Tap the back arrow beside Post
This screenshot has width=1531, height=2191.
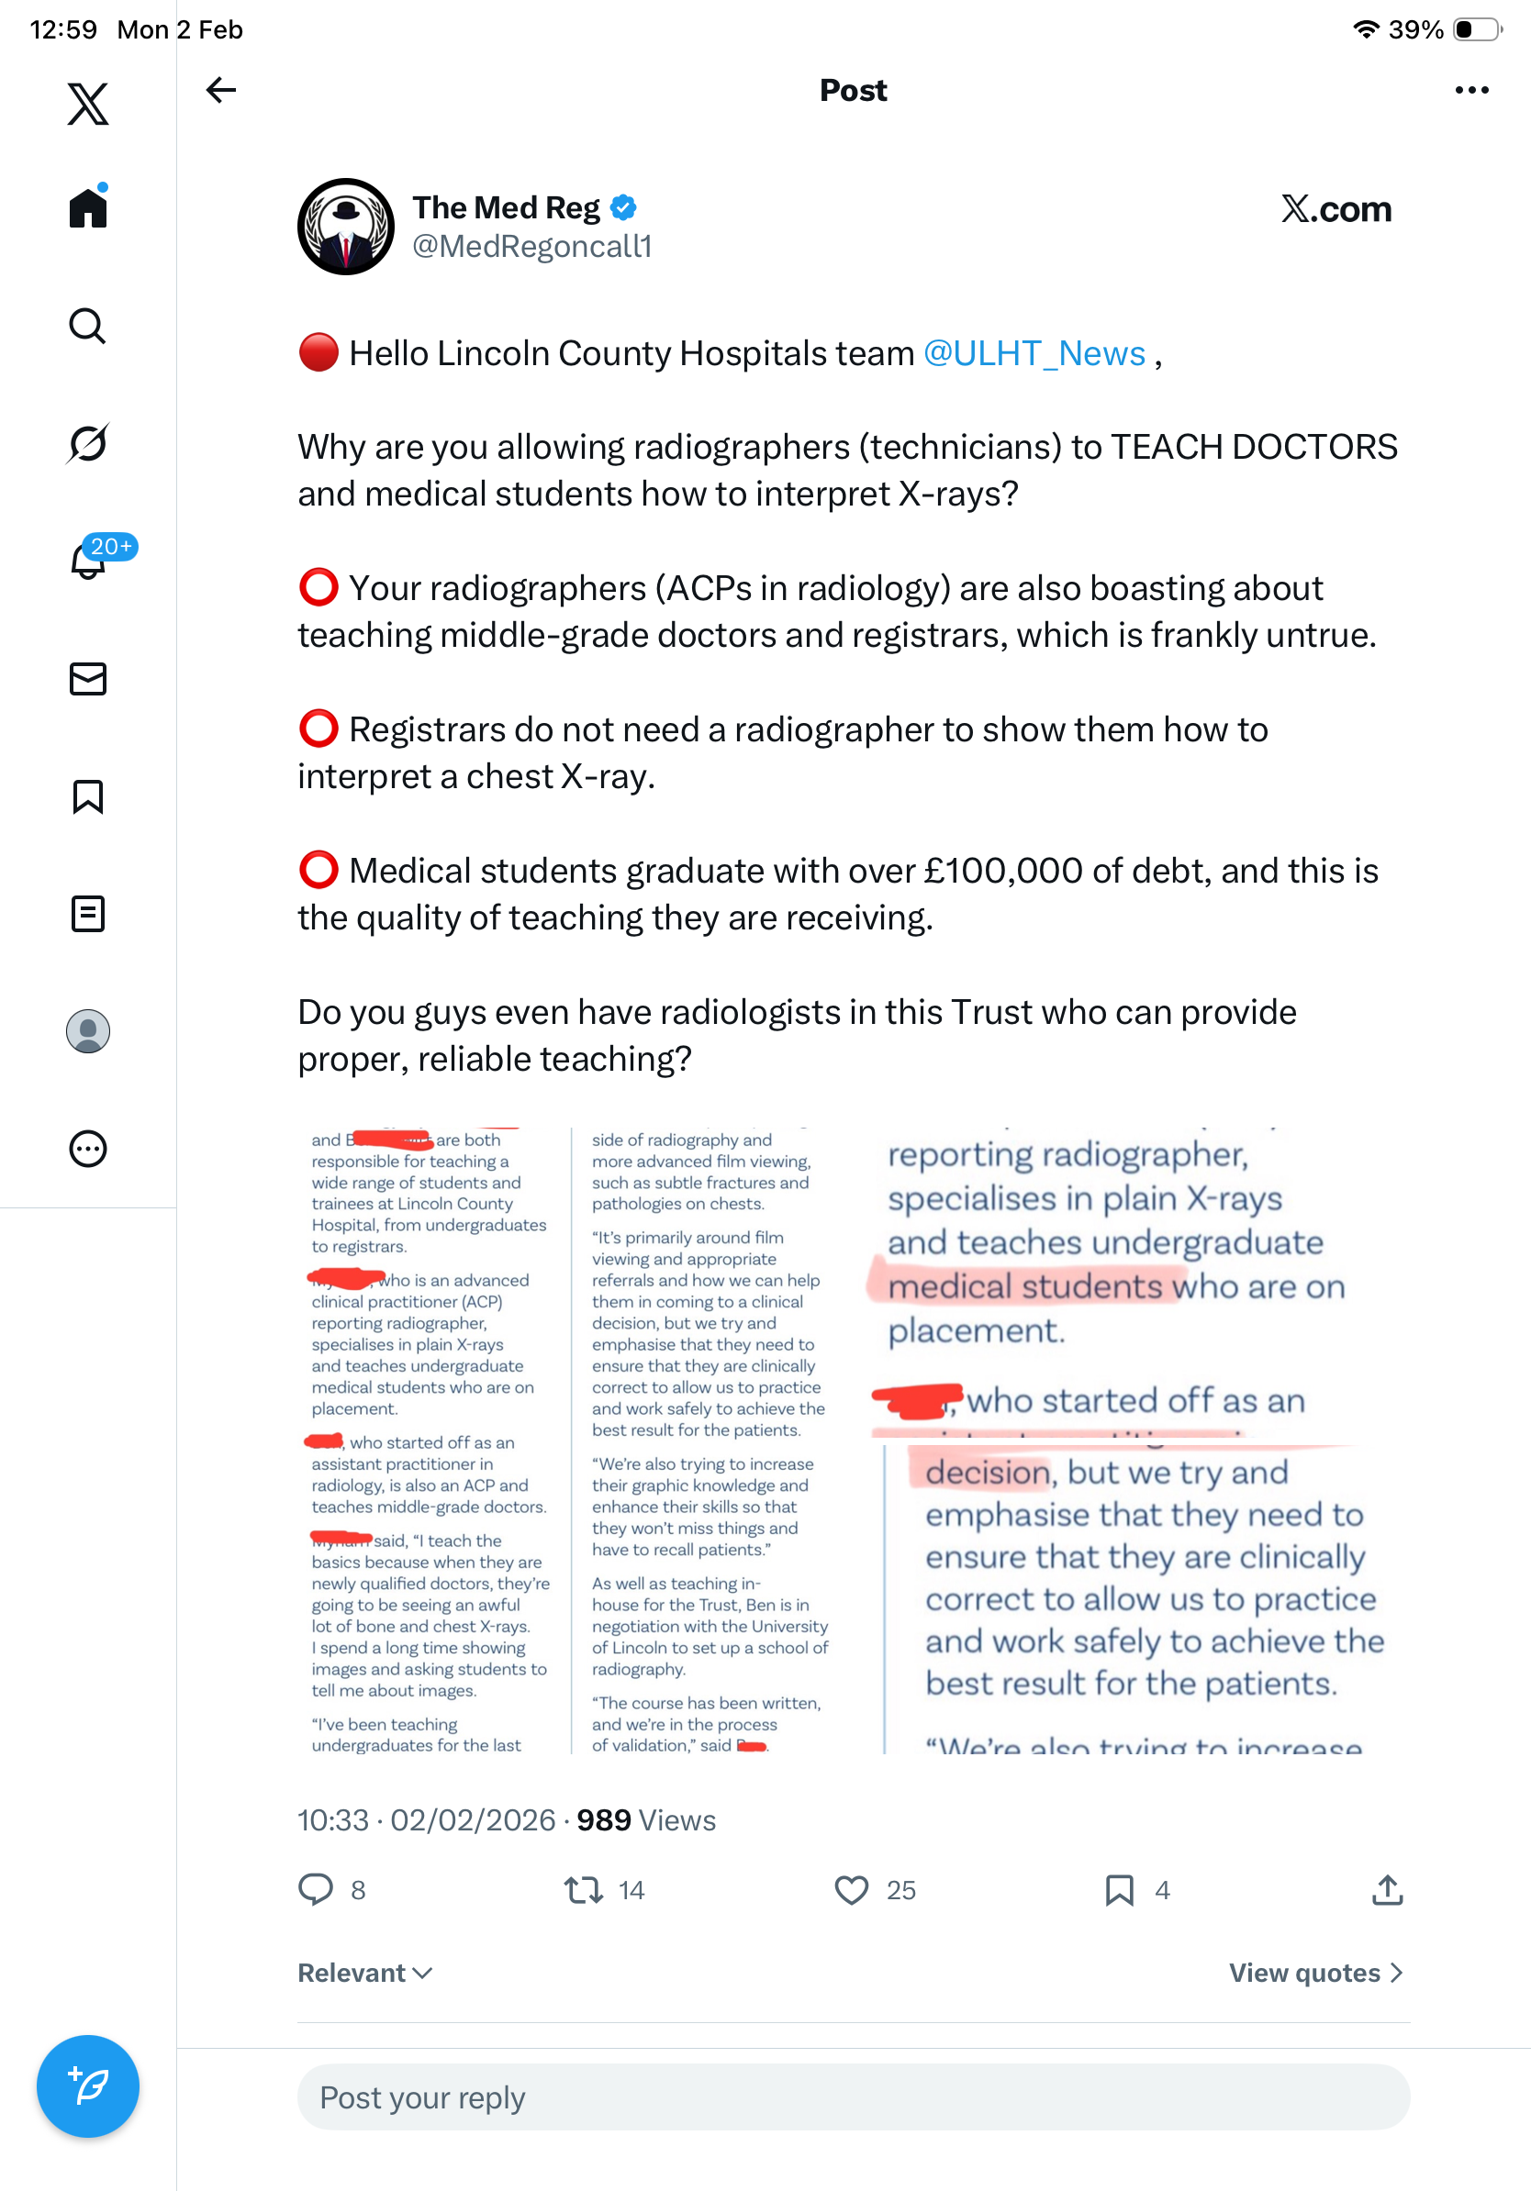point(220,91)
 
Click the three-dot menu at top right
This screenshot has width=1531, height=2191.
point(1470,91)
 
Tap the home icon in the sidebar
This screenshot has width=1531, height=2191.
point(88,207)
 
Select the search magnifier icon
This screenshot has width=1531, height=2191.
point(88,327)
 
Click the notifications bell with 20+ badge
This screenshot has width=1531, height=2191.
point(89,562)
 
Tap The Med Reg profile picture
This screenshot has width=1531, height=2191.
point(345,228)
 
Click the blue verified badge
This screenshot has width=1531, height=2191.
point(623,207)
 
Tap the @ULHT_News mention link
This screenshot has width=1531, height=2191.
point(1034,354)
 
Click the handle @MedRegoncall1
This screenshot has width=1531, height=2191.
point(531,247)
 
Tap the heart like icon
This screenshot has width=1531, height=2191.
point(852,1890)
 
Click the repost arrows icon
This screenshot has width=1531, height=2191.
point(582,1890)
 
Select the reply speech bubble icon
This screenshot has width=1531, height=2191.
point(316,1890)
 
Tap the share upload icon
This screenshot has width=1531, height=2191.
point(1387,1890)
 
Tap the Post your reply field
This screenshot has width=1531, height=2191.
point(854,2097)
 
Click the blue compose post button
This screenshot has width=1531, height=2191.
point(88,2086)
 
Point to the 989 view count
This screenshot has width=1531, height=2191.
point(603,1820)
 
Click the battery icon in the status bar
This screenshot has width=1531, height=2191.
point(1476,29)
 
